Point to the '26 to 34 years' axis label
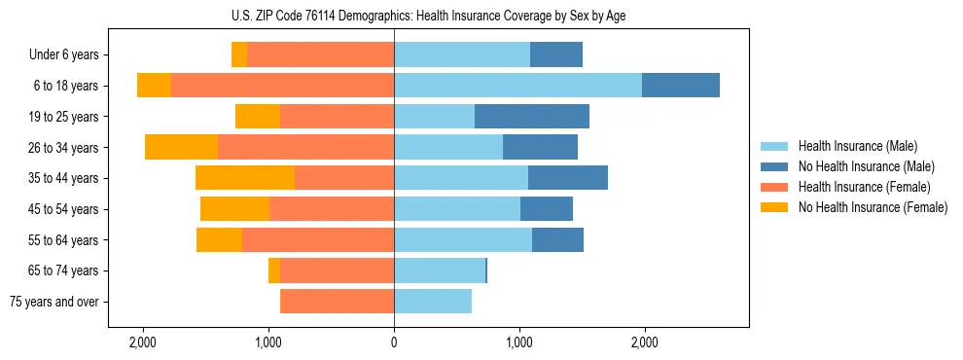tap(64, 148)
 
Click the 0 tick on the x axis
tap(394, 342)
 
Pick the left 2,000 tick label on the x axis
tap(143, 342)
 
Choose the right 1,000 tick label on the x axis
tap(519, 342)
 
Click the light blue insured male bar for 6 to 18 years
tap(517, 86)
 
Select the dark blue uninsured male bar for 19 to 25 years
tap(532, 117)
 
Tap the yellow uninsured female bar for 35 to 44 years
tap(245, 178)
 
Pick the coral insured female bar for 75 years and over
tap(337, 302)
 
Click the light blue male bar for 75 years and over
tap(433, 302)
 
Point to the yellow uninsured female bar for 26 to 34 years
tap(181, 147)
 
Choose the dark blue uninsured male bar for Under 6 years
tap(556, 55)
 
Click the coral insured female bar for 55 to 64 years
tap(318, 240)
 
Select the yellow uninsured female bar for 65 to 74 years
tap(274, 270)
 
